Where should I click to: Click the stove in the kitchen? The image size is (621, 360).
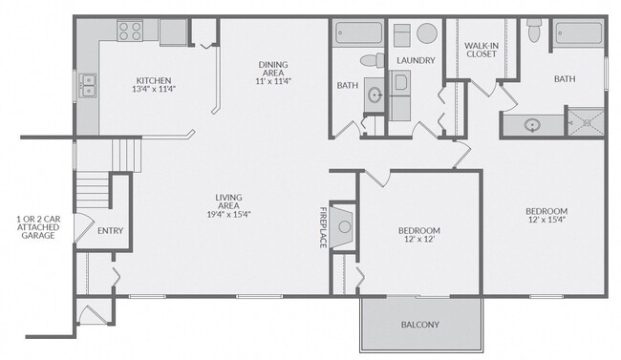130,31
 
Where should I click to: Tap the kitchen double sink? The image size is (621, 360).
88,86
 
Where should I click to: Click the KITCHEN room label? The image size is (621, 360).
154,81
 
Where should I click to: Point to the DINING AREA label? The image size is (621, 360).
273,69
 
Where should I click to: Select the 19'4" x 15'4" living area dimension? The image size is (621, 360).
229,214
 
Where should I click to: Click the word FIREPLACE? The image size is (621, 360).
323,227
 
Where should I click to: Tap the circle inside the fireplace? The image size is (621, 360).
345,227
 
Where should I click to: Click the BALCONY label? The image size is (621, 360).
420,325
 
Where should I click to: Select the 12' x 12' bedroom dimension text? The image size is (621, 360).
419,240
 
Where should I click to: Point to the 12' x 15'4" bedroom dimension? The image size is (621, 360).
546,220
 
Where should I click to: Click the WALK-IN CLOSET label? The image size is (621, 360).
482,50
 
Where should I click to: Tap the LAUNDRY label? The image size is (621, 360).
416,60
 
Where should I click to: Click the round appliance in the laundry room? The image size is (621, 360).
427,33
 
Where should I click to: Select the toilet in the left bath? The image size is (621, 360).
373,60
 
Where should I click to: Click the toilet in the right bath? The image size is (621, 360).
534,31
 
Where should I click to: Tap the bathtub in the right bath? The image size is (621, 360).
579,33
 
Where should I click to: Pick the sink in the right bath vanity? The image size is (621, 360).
532,125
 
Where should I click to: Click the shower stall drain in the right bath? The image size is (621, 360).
588,123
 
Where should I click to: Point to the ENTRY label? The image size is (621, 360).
111,231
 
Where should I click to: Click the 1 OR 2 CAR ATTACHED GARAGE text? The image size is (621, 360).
38,227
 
